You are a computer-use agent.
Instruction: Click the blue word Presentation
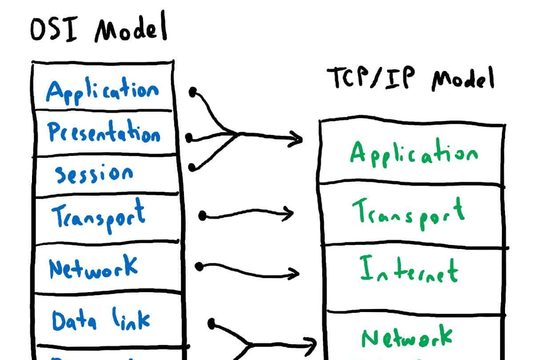click(103, 132)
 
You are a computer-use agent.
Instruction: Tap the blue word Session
click(94, 174)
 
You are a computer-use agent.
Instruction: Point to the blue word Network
click(93, 267)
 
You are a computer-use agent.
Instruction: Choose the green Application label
click(414, 153)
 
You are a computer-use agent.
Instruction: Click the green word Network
click(407, 337)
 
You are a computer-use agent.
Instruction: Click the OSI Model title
click(99, 29)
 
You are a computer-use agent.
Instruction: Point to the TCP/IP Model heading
click(410, 79)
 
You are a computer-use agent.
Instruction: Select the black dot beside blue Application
click(193, 92)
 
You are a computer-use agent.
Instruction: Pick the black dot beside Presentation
click(189, 138)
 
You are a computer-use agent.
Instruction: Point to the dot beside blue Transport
click(203, 216)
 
